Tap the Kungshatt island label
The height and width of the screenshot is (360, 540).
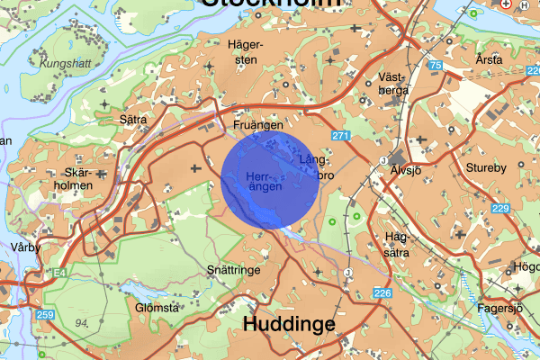60,64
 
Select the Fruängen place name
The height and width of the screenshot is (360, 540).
258,127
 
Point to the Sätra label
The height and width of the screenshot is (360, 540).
133,118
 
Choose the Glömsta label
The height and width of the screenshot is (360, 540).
157,306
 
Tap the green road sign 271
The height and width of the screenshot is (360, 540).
339,136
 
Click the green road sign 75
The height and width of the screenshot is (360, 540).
436,66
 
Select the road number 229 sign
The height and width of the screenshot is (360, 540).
501,209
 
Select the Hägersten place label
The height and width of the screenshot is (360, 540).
244,50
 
